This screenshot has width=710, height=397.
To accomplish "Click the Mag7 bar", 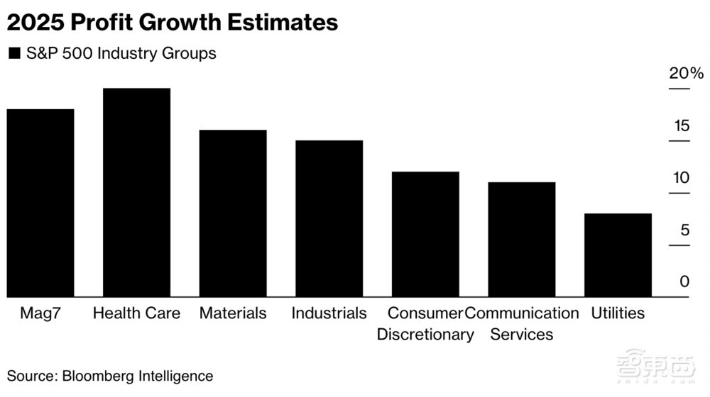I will pos(40,203).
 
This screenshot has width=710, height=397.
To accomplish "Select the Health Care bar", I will pos(137,192).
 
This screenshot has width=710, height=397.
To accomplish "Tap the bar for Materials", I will pos(233,213).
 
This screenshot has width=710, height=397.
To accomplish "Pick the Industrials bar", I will pos(329,218).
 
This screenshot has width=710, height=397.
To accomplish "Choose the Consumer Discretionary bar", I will pos(425,234).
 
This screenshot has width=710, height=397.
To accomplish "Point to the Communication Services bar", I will pos(522,240).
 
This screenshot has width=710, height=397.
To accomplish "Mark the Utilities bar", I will pos(618,255).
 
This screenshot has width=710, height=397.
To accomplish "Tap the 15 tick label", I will pos(681,126).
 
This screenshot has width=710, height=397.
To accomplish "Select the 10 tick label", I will pos(681,178).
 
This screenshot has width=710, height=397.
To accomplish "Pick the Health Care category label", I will pos(137,313).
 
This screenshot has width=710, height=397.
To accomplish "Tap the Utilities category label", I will pos(618,313).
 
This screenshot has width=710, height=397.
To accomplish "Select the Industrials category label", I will pos(329,313).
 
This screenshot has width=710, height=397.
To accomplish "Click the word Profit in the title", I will pos(106,23).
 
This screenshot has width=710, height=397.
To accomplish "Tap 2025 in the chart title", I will pos(35,23).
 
